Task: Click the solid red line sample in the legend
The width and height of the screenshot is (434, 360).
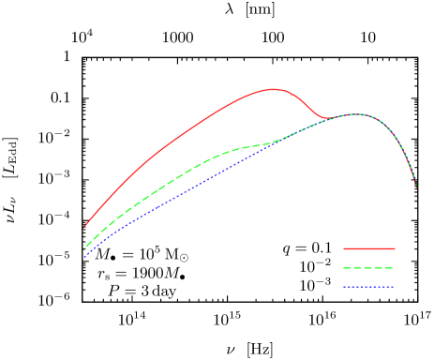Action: pyautogui.click(x=368, y=248)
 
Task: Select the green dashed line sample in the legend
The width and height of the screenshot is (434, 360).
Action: pyautogui.click(x=368, y=268)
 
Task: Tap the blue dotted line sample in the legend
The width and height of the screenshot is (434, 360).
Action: pyautogui.click(x=368, y=287)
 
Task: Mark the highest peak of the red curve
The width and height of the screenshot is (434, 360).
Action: pyautogui.click(x=274, y=89)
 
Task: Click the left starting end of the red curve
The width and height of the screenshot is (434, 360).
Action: pyautogui.click(x=84, y=227)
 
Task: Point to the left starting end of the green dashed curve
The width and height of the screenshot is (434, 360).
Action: pyautogui.click(x=84, y=248)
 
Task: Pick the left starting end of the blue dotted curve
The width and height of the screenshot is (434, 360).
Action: pyautogui.click(x=84, y=257)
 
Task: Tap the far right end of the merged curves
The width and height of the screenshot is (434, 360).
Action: pyautogui.click(x=417, y=189)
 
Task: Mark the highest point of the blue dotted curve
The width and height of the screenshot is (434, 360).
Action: pyautogui.click(x=356, y=114)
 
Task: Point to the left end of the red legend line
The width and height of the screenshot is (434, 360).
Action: pyautogui.click(x=344, y=248)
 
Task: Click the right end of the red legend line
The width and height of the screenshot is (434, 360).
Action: pyautogui.click(x=394, y=248)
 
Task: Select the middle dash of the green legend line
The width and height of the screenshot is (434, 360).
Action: pyautogui.click(x=368, y=268)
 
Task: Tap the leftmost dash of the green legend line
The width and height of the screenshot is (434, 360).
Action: pyautogui.click(x=348, y=268)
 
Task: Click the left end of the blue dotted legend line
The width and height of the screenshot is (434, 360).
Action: pyautogui.click(x=344, y=287)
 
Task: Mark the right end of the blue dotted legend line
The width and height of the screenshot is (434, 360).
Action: pyautogui.click(x=393, y=287)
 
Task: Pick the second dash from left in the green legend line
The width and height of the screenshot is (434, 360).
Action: pyautogui.click(x=358, y=268)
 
